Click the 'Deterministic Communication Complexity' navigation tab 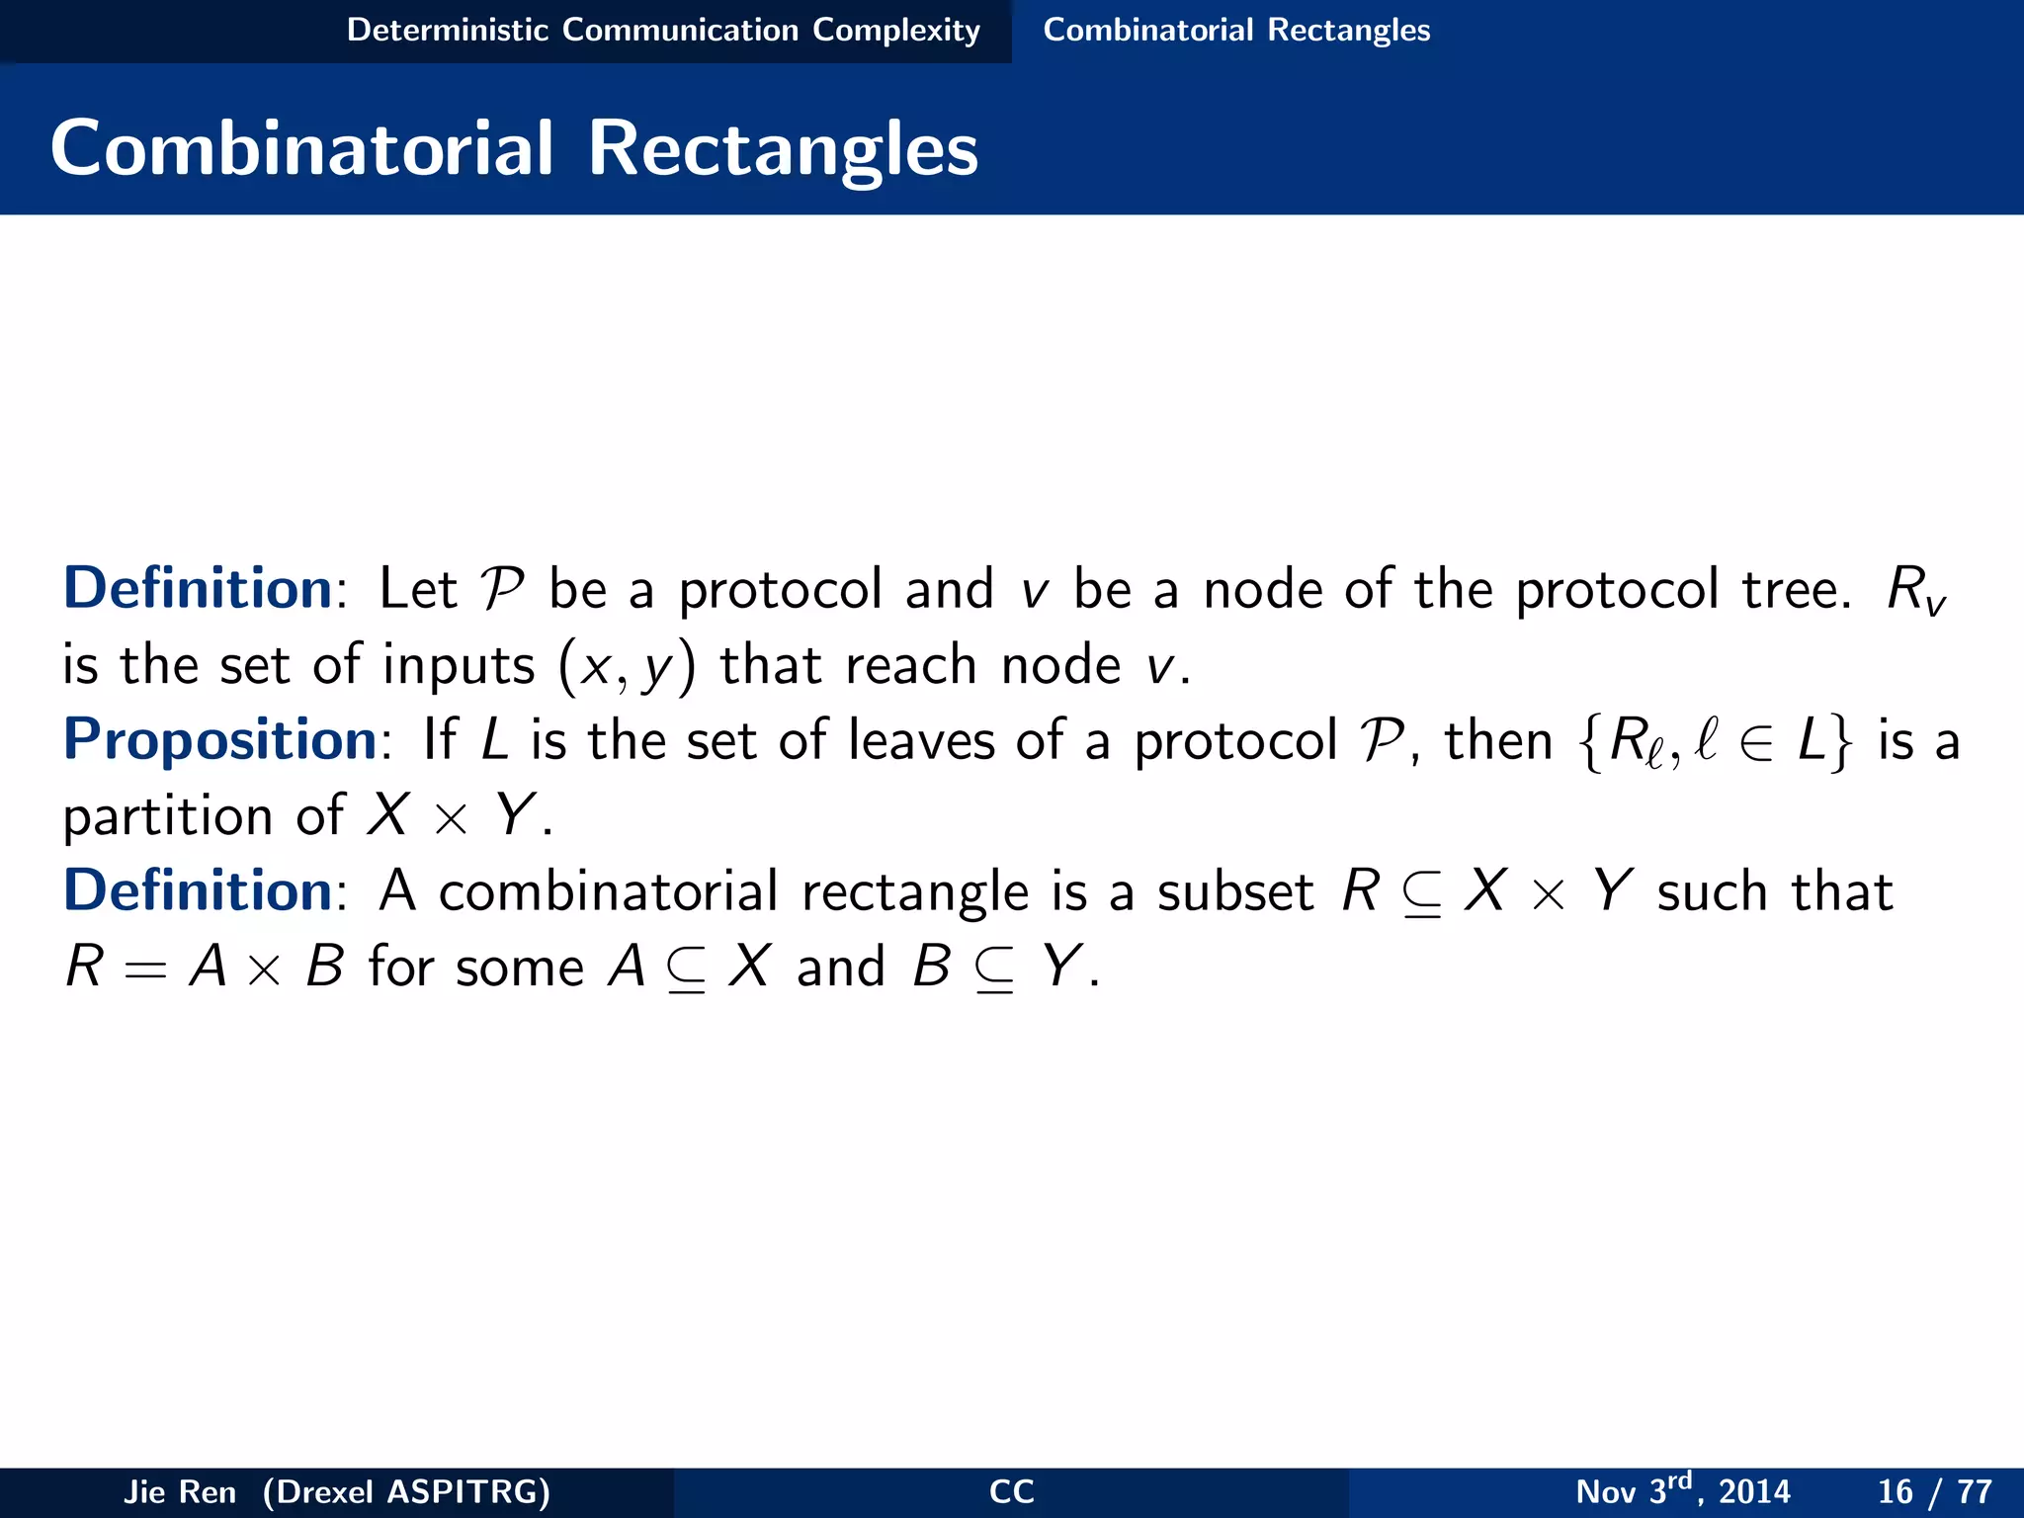[x=663, y=31]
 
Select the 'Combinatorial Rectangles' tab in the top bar [x=1236, y=31]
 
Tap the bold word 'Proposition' [x=219, y=740]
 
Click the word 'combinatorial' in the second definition [x=609, y=891]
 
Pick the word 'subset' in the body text [x=1235, y=891]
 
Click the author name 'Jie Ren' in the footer [x=180, y=1491]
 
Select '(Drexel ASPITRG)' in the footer [x=406, y=1491]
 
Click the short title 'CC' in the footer [x=1011, y=1491]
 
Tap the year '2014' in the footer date [x=1754, y=1491]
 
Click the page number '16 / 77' [x=1934, y=1491]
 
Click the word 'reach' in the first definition [x=911, y=665]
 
